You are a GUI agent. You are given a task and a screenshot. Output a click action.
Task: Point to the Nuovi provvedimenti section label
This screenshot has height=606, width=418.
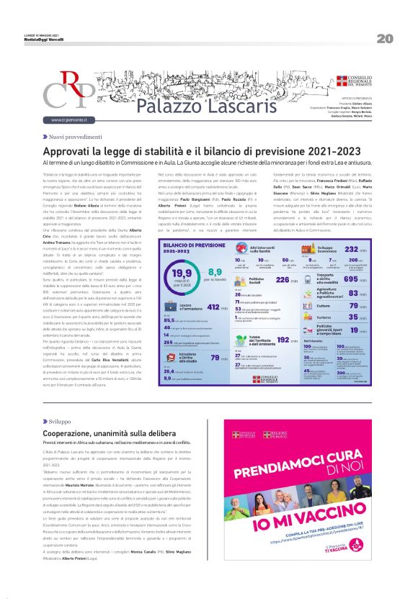click(75, 136)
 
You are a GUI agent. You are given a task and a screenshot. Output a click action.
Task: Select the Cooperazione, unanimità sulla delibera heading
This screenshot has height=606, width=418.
click(110, 433)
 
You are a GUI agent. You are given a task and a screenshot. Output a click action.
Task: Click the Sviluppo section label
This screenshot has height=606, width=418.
click(61, 420)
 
